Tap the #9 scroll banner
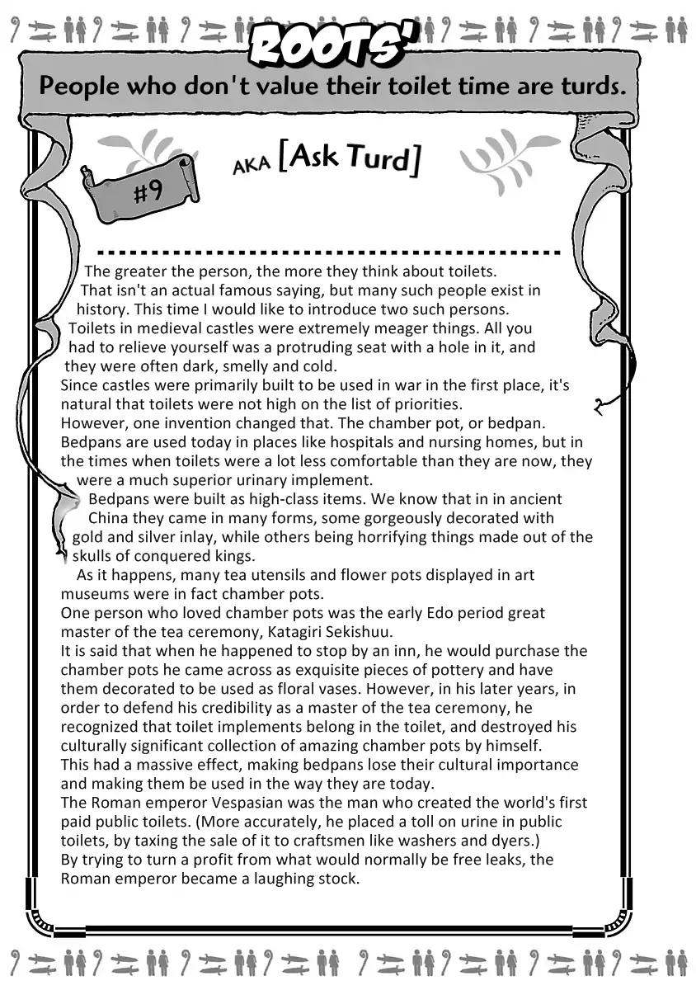(x=140, y=191)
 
